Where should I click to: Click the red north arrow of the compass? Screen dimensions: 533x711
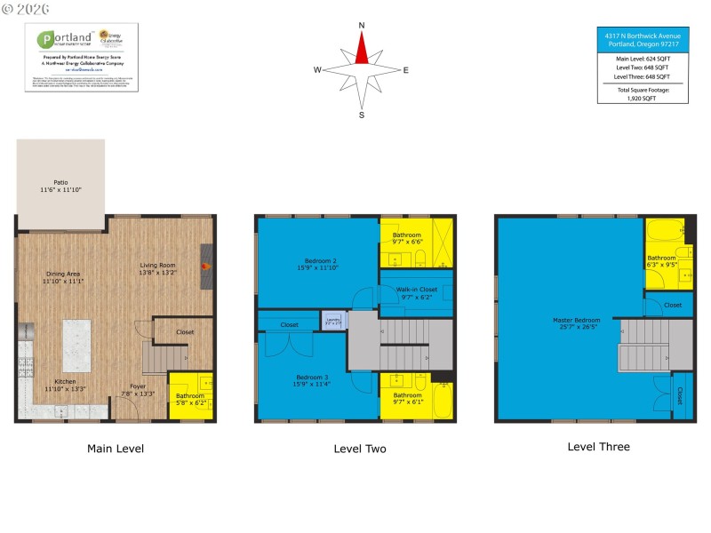(x=362, y=50)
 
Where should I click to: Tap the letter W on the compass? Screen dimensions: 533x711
(x=317, y=69)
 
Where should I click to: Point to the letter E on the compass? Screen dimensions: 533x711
(x=406, y=69)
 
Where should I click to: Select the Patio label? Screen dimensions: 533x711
(x=60, y=186)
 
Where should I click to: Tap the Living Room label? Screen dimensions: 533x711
(x=156, y=268)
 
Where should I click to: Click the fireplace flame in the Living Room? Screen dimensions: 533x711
(x=204, y=264)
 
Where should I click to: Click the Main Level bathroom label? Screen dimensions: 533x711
(x=189, y=399)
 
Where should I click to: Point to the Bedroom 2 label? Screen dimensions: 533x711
(x=317, y=264)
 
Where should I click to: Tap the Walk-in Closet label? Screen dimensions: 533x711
(x=416, y=293)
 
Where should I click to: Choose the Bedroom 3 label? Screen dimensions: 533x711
(x=317, y=380)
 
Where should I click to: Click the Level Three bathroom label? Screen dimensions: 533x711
(x=661, y=260)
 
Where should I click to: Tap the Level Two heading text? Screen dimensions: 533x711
(x=360, y=449)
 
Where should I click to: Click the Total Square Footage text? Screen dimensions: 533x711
(x=643, y=94)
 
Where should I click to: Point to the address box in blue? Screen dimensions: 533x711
(x=643, y=39)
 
